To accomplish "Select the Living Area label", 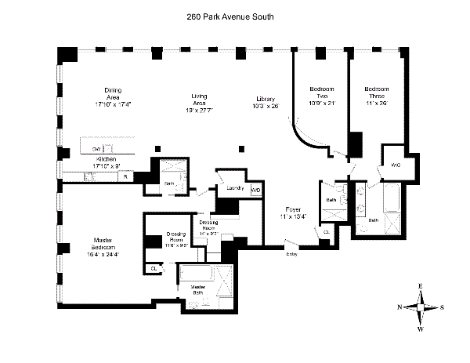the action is [199, 102].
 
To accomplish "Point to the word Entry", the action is [292, 253].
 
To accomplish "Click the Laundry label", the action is [232, 187].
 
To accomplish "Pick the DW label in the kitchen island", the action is [96, 148].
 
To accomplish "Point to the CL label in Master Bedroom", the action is [154, 269].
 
